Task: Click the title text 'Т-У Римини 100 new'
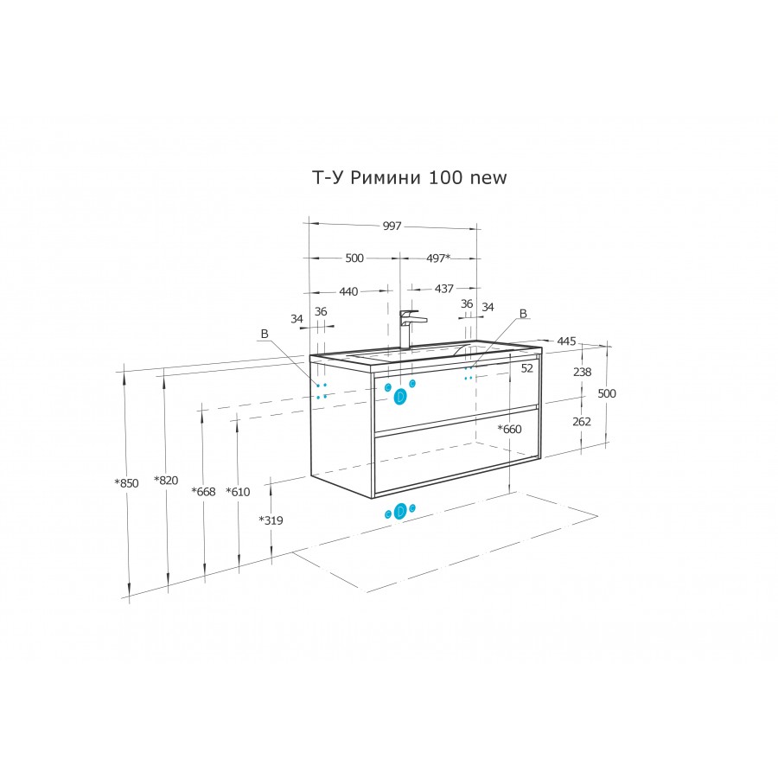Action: (410, 177)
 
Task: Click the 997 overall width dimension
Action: (392, 226)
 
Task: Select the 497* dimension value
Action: (438, 258)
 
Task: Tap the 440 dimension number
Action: (348, 292)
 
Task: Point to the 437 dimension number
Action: (444, 288)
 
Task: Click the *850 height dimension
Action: (126, 483)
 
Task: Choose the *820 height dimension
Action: (166, 481)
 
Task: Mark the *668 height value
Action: (203, 492)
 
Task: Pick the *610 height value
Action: (238, 492)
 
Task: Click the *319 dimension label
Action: (271, 520)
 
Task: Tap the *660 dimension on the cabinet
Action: (509, 429)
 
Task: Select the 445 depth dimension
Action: (566, 341)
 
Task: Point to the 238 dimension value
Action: (582, 372)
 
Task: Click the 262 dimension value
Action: (582, 422)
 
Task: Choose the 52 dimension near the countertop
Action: (527, 368)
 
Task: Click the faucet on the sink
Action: (411, 328)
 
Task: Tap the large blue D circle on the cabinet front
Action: (400, 396)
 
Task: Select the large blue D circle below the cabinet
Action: (400, 511)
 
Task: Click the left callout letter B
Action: (265, 334)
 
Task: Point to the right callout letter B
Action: (523, 314)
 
